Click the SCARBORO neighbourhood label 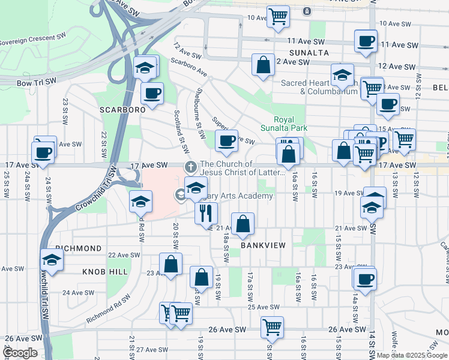[x=122, y=110]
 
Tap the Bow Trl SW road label [x=37, y=81]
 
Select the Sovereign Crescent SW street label [x=33, y=40]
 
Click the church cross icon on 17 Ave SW [x=190, y=167]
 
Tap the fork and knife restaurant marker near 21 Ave [x=206, y=212]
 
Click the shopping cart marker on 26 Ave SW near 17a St [x=272, y=327]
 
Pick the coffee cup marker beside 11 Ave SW [x=366, y=41]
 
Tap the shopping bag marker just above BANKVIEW [x=243, y=224]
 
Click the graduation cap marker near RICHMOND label [x=52, y=260]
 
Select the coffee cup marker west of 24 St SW [x=44, y=152]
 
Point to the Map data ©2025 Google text [x=412, y=355]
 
